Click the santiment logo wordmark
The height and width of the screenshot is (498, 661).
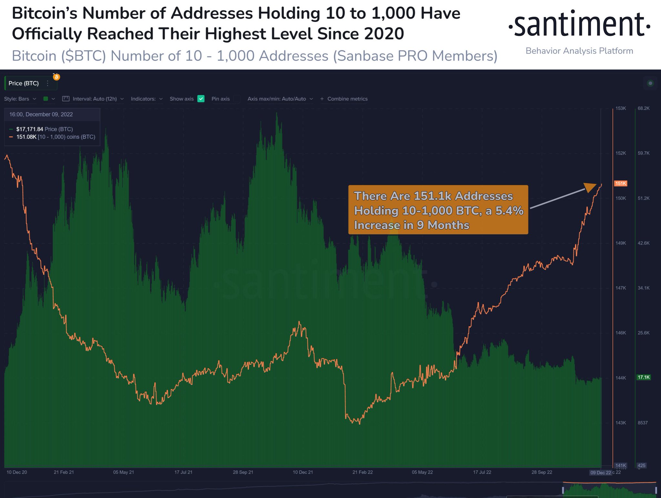click(579, 25)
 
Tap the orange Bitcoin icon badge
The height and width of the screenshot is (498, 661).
click(56, 77)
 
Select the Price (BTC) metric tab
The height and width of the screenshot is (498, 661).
click(24, 83)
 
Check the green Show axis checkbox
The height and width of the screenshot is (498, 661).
click(201, 99)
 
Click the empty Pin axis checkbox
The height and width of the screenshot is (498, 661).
click(237, 99)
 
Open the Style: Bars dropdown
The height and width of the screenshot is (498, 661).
click(20, 99)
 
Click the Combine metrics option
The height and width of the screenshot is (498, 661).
click(347, 99)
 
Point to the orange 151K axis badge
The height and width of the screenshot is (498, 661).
click(620, 184)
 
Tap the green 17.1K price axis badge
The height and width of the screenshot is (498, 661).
click(643, 377)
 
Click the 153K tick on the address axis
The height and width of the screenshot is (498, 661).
click(620, 108)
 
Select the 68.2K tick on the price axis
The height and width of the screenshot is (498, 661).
click(644, 108)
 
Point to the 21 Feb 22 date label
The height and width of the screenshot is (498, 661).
click(362, 472)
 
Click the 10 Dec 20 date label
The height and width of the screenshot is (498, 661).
click(17, 472)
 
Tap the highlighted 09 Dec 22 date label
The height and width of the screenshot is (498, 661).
click(600, 473)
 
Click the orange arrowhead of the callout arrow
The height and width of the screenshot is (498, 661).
click(591, 187)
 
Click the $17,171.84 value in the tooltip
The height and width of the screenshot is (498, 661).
click(30, 129)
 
